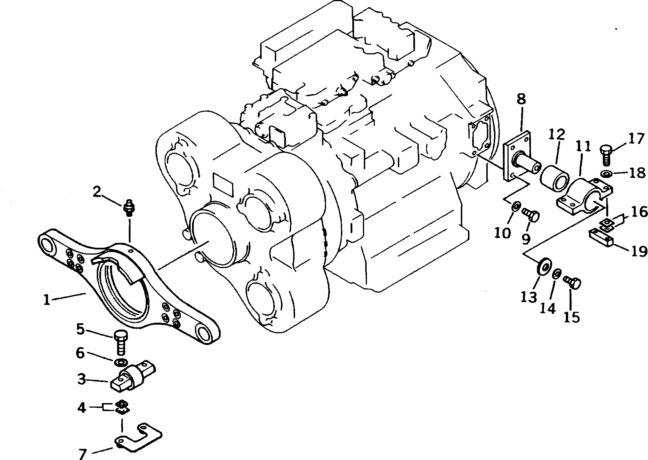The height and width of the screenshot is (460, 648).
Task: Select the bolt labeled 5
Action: point(121,345)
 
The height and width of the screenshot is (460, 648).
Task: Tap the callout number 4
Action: point(82,407)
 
